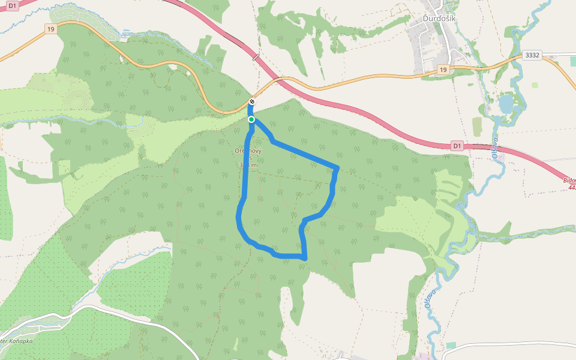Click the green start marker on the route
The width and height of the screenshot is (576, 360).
point(251,119)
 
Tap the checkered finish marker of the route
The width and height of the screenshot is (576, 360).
point(252,102)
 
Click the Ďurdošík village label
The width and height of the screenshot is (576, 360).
point(439,19)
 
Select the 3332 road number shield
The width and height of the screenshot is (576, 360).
point(532,55)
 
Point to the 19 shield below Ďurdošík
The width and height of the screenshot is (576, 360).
point(443,70)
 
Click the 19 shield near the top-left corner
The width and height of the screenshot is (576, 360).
point(50,28)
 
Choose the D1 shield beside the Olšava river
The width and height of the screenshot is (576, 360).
point(458,146)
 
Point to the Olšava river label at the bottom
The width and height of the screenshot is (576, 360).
point(429,299)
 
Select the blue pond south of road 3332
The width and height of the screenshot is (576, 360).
point(506,104)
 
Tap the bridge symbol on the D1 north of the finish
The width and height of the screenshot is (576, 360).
point(257,57)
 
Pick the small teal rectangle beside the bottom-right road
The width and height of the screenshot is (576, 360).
point(451,344)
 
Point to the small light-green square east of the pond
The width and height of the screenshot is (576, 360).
point(535,85)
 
